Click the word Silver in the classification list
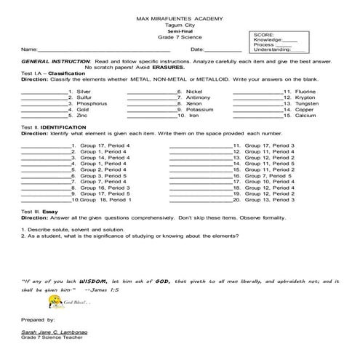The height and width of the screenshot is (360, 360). (84, 91)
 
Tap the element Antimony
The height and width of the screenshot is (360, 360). (199, 97)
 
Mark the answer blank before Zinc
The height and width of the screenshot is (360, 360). (44, 116)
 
